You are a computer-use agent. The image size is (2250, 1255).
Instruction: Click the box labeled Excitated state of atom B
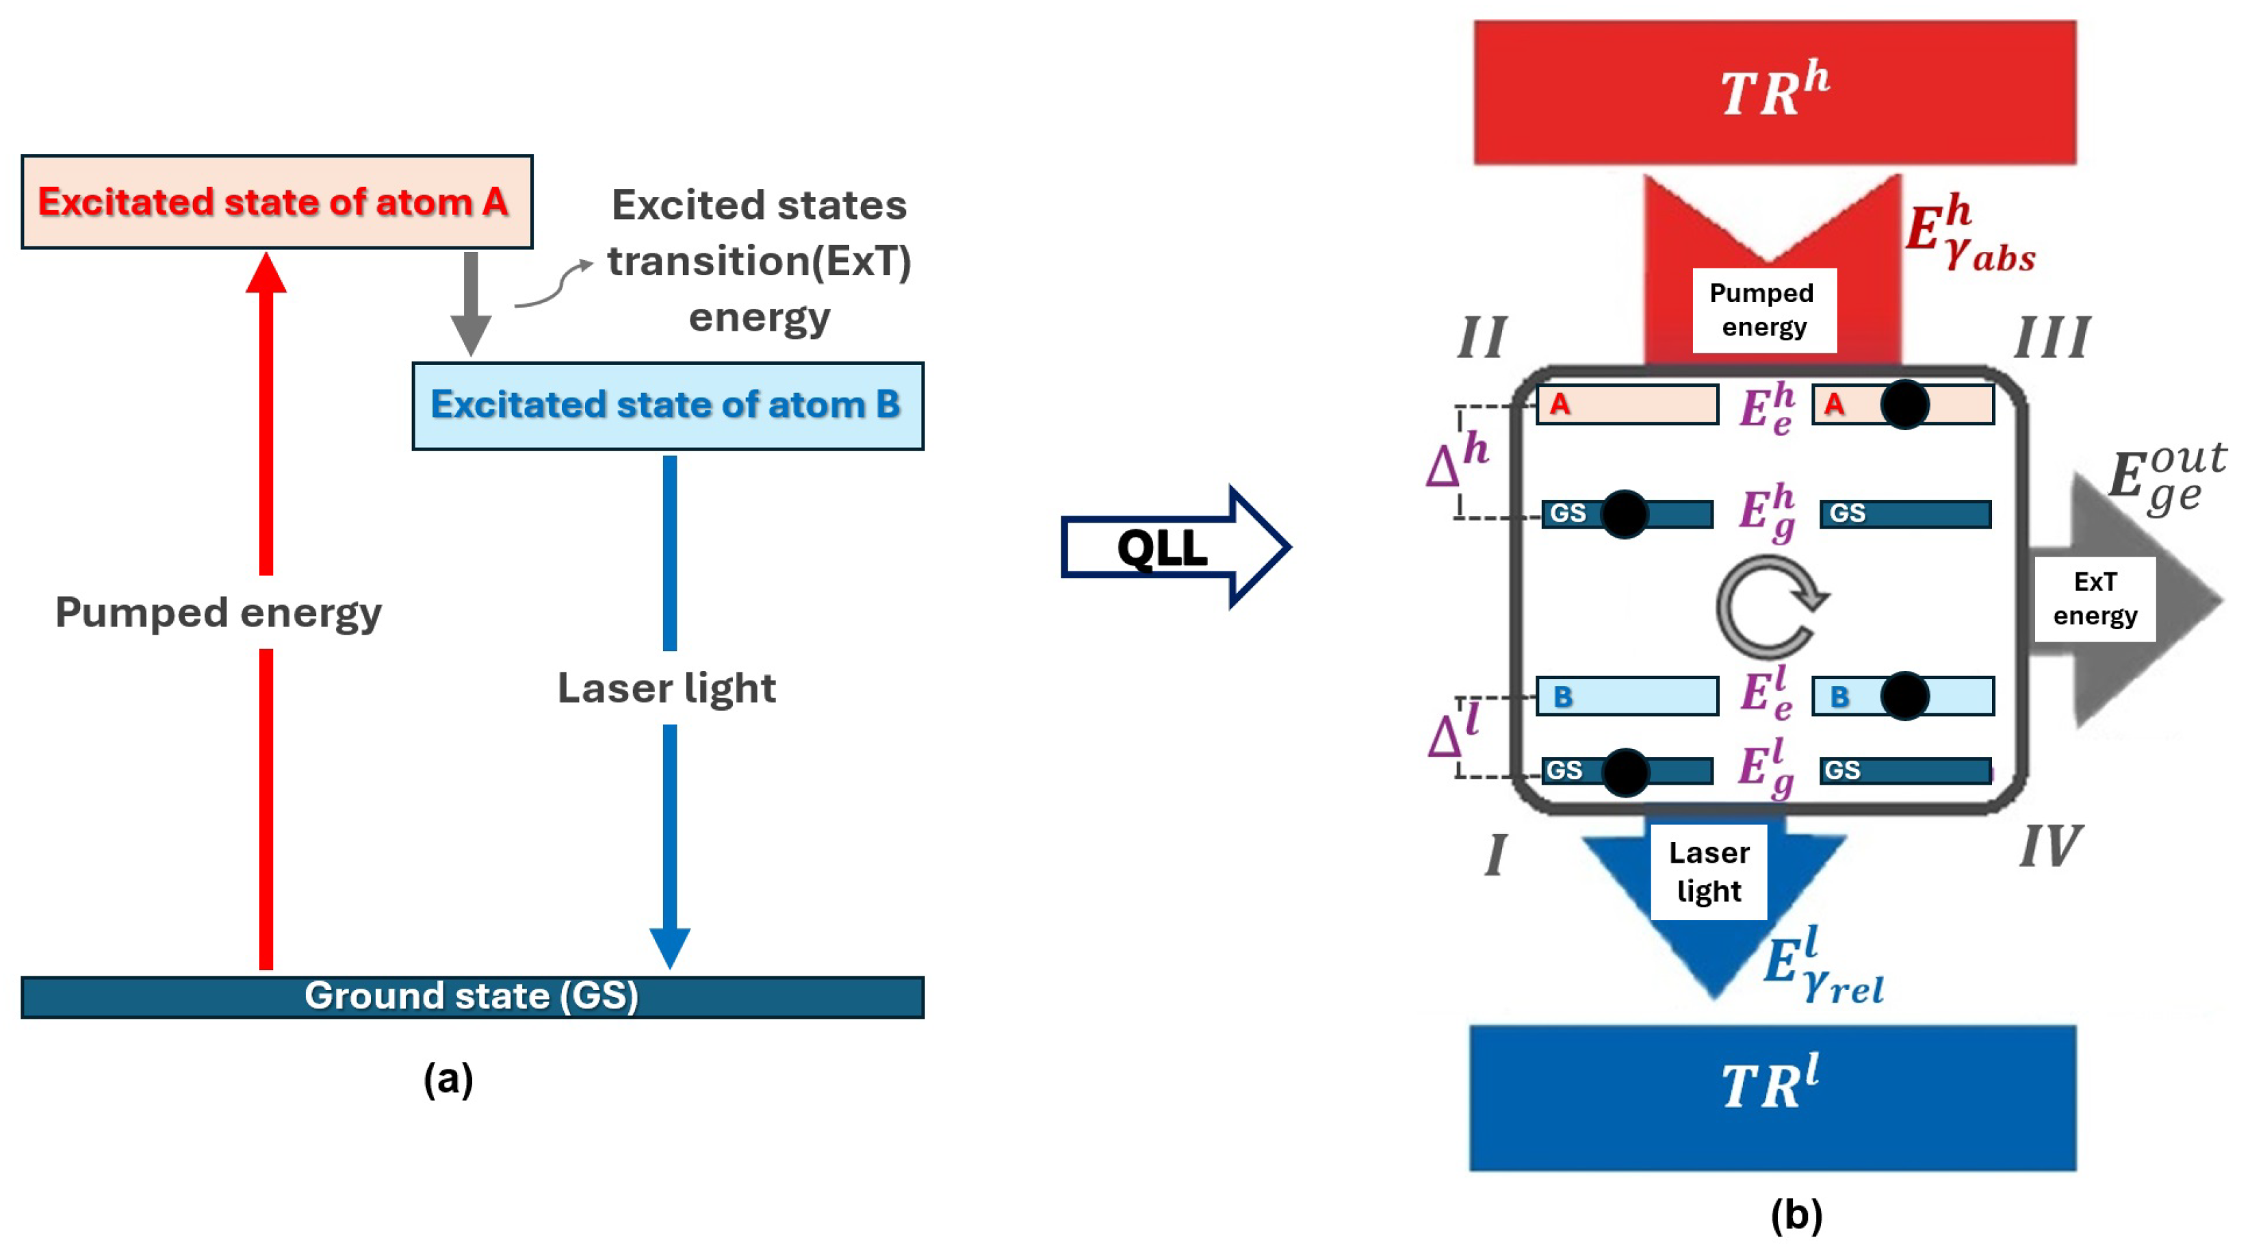[x=667, y=405]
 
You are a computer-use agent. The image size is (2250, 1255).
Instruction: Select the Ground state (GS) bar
[x=471, y=996]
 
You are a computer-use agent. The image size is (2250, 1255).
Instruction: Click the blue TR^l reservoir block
[x=1772, y=1097]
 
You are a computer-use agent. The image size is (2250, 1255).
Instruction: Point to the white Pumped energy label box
[x=1763, y=310]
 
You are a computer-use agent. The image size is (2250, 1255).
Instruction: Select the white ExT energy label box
[x=2095, y=598]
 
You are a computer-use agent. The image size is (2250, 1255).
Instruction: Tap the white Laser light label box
[x=1709, y=872]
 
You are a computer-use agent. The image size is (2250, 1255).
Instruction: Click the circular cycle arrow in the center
[x=1770, y=608]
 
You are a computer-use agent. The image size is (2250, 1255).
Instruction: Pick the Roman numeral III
[x=2052, y=338]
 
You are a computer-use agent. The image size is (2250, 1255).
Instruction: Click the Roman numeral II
[x=1482, y=338]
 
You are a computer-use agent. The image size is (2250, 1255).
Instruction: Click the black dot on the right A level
[x=1904, y=405]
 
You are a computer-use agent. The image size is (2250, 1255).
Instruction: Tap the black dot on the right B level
[x=1904, y=696]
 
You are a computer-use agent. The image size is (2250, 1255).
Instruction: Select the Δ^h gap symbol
[x=1457, y=459]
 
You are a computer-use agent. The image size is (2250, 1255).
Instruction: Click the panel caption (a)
[x=448, y=1079]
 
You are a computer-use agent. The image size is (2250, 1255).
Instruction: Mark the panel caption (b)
[x=1796, y=1215]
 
